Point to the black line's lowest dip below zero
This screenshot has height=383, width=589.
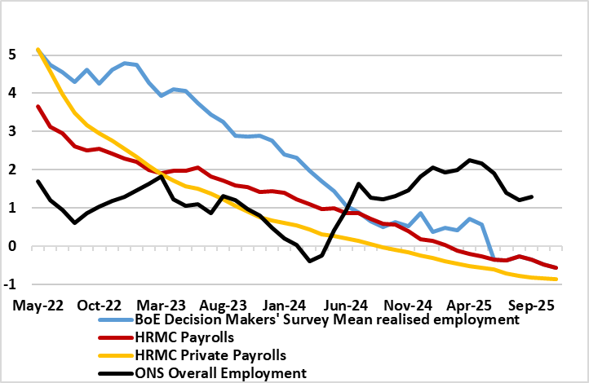click(x=310, y=261)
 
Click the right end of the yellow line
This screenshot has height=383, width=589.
click(x=557, y=280)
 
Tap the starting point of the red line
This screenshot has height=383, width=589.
click(x=38, y=107)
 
